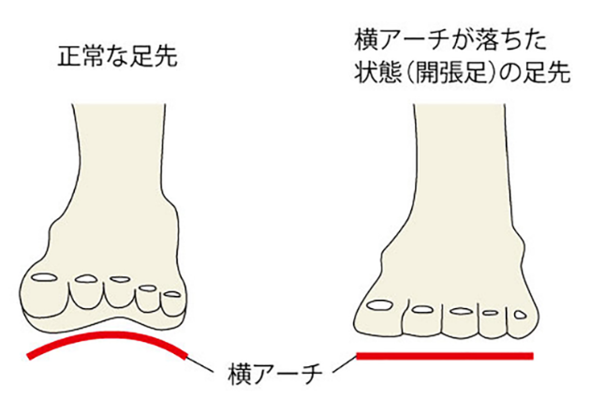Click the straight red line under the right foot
tap(445, 356)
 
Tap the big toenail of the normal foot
tap(44, 276)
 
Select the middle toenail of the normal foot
tap(119, 280)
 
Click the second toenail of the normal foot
tap(86, 277)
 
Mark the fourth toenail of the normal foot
tap(148, 288)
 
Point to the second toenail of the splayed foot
tap(423, 308)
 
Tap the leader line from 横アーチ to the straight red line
tap(339, 363)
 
